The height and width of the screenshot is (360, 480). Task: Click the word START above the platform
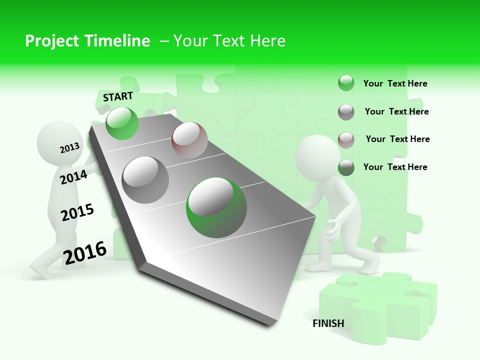(118, 96)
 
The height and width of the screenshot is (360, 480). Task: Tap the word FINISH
(328, 323)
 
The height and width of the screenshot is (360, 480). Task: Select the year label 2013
(69, 147)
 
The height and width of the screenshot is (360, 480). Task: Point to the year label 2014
(73, 177)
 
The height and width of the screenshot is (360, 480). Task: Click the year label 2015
(77, 212)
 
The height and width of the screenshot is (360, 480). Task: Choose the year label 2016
(85, 252)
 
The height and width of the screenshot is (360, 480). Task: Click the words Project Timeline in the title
(87, 41)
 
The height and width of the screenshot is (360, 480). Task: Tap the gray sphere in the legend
(346, 112)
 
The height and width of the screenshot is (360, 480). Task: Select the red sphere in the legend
(346, 139)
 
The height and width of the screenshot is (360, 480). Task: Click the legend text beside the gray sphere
(396, 111)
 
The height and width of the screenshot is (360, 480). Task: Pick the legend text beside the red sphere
(397, 139)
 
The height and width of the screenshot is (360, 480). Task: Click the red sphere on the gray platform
(189, 139)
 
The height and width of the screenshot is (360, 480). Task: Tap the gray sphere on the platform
(145, 179)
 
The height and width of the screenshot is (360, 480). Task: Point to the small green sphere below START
(122, 123)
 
